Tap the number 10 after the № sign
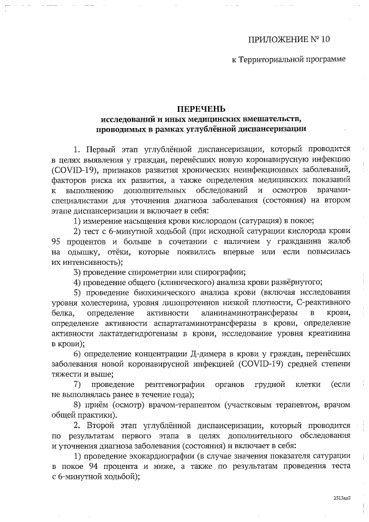click(x=326, y=40)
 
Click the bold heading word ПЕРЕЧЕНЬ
click(x=201, y=109)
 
